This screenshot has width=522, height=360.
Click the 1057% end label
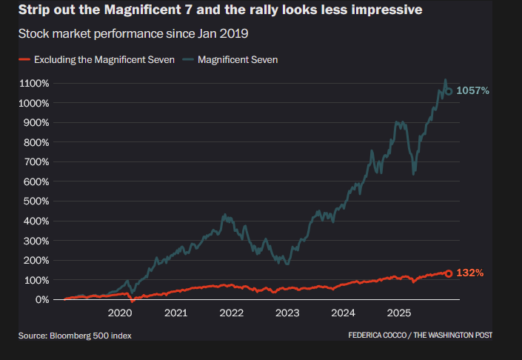[x=472, y=91]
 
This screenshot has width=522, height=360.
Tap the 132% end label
[x=469, y=273]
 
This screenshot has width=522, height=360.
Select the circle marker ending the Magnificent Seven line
[x=448, y=91]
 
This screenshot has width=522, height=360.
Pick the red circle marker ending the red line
[x=448, y=273]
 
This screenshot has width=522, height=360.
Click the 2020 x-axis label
[x=120, y=313]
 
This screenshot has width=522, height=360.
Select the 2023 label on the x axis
[x=287, y=313]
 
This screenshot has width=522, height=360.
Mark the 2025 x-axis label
[x=399, y=313]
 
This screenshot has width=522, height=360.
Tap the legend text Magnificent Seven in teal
[x=238, y=59]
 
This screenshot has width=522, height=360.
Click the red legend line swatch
[x=24, y=59]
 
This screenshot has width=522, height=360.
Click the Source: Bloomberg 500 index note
[x=75, y=336]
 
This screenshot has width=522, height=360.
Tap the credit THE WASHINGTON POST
[x=452, y=336]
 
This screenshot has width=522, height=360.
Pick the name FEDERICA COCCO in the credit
[x=378, y=336]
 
